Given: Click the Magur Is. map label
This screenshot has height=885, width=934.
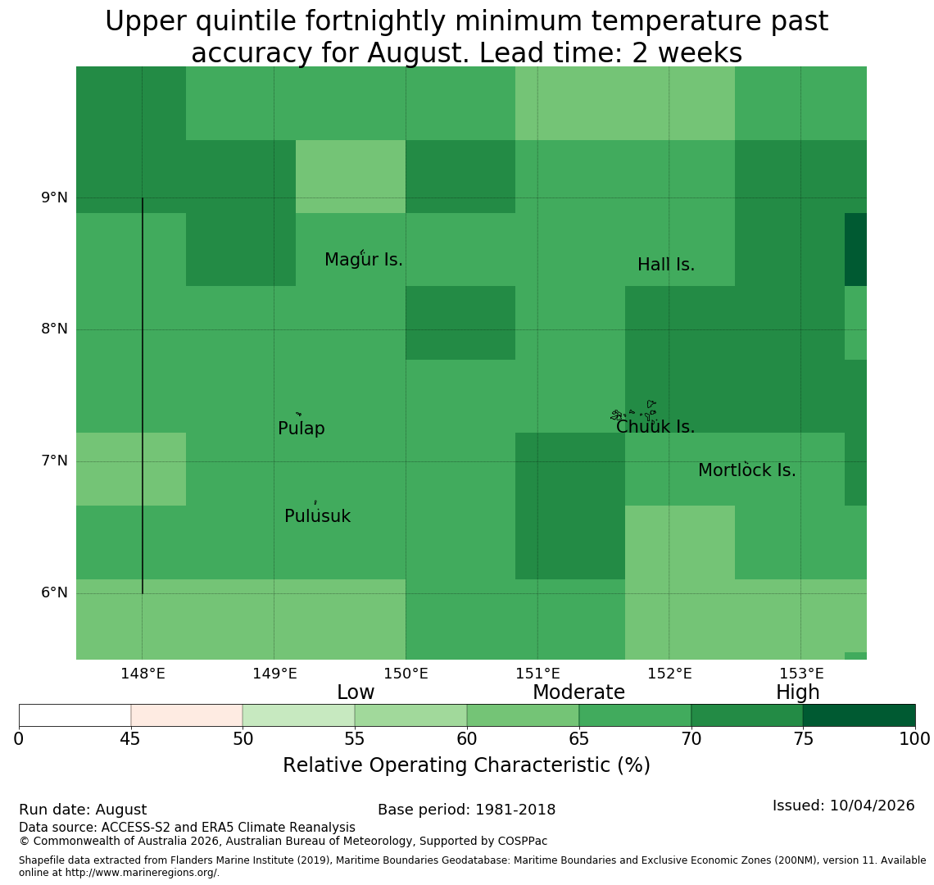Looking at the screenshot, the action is tap(363, 260).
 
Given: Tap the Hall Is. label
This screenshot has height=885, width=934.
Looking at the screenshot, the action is tap(666, 265).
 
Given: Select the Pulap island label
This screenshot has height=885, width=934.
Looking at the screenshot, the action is tap(302, 429).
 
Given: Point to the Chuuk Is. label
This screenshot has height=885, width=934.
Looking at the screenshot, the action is tap(655, 427).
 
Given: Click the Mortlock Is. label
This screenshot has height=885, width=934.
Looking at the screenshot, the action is tap(747, 470).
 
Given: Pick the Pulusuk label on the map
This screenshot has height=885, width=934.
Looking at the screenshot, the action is tap(318, 516).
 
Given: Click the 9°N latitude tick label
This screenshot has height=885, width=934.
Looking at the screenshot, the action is tap(54, 197).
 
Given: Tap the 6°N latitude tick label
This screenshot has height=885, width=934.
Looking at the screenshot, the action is tap(54, 593).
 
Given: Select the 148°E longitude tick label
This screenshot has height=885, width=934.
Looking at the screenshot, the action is tap(143, 674).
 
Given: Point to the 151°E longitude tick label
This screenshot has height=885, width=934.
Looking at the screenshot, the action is tap(538, 674).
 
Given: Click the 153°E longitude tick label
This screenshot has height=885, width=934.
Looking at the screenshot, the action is tap(802, 674).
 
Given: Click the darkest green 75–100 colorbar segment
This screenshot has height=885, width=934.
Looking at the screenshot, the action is tap(859, 715).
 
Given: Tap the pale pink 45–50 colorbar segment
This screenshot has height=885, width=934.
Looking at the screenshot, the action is tap(187, 715).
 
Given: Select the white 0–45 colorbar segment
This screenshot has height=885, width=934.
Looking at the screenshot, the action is tap(75, 715).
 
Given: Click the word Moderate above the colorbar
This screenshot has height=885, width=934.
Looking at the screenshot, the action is tap(578, 692).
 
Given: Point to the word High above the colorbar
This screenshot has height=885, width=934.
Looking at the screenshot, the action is tap(798, 692).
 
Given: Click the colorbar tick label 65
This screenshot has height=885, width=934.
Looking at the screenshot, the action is tap(578, 739).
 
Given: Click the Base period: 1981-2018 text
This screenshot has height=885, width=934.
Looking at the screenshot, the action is tap(466, 810).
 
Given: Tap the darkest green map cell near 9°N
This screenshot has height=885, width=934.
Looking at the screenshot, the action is tap(855, 249).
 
